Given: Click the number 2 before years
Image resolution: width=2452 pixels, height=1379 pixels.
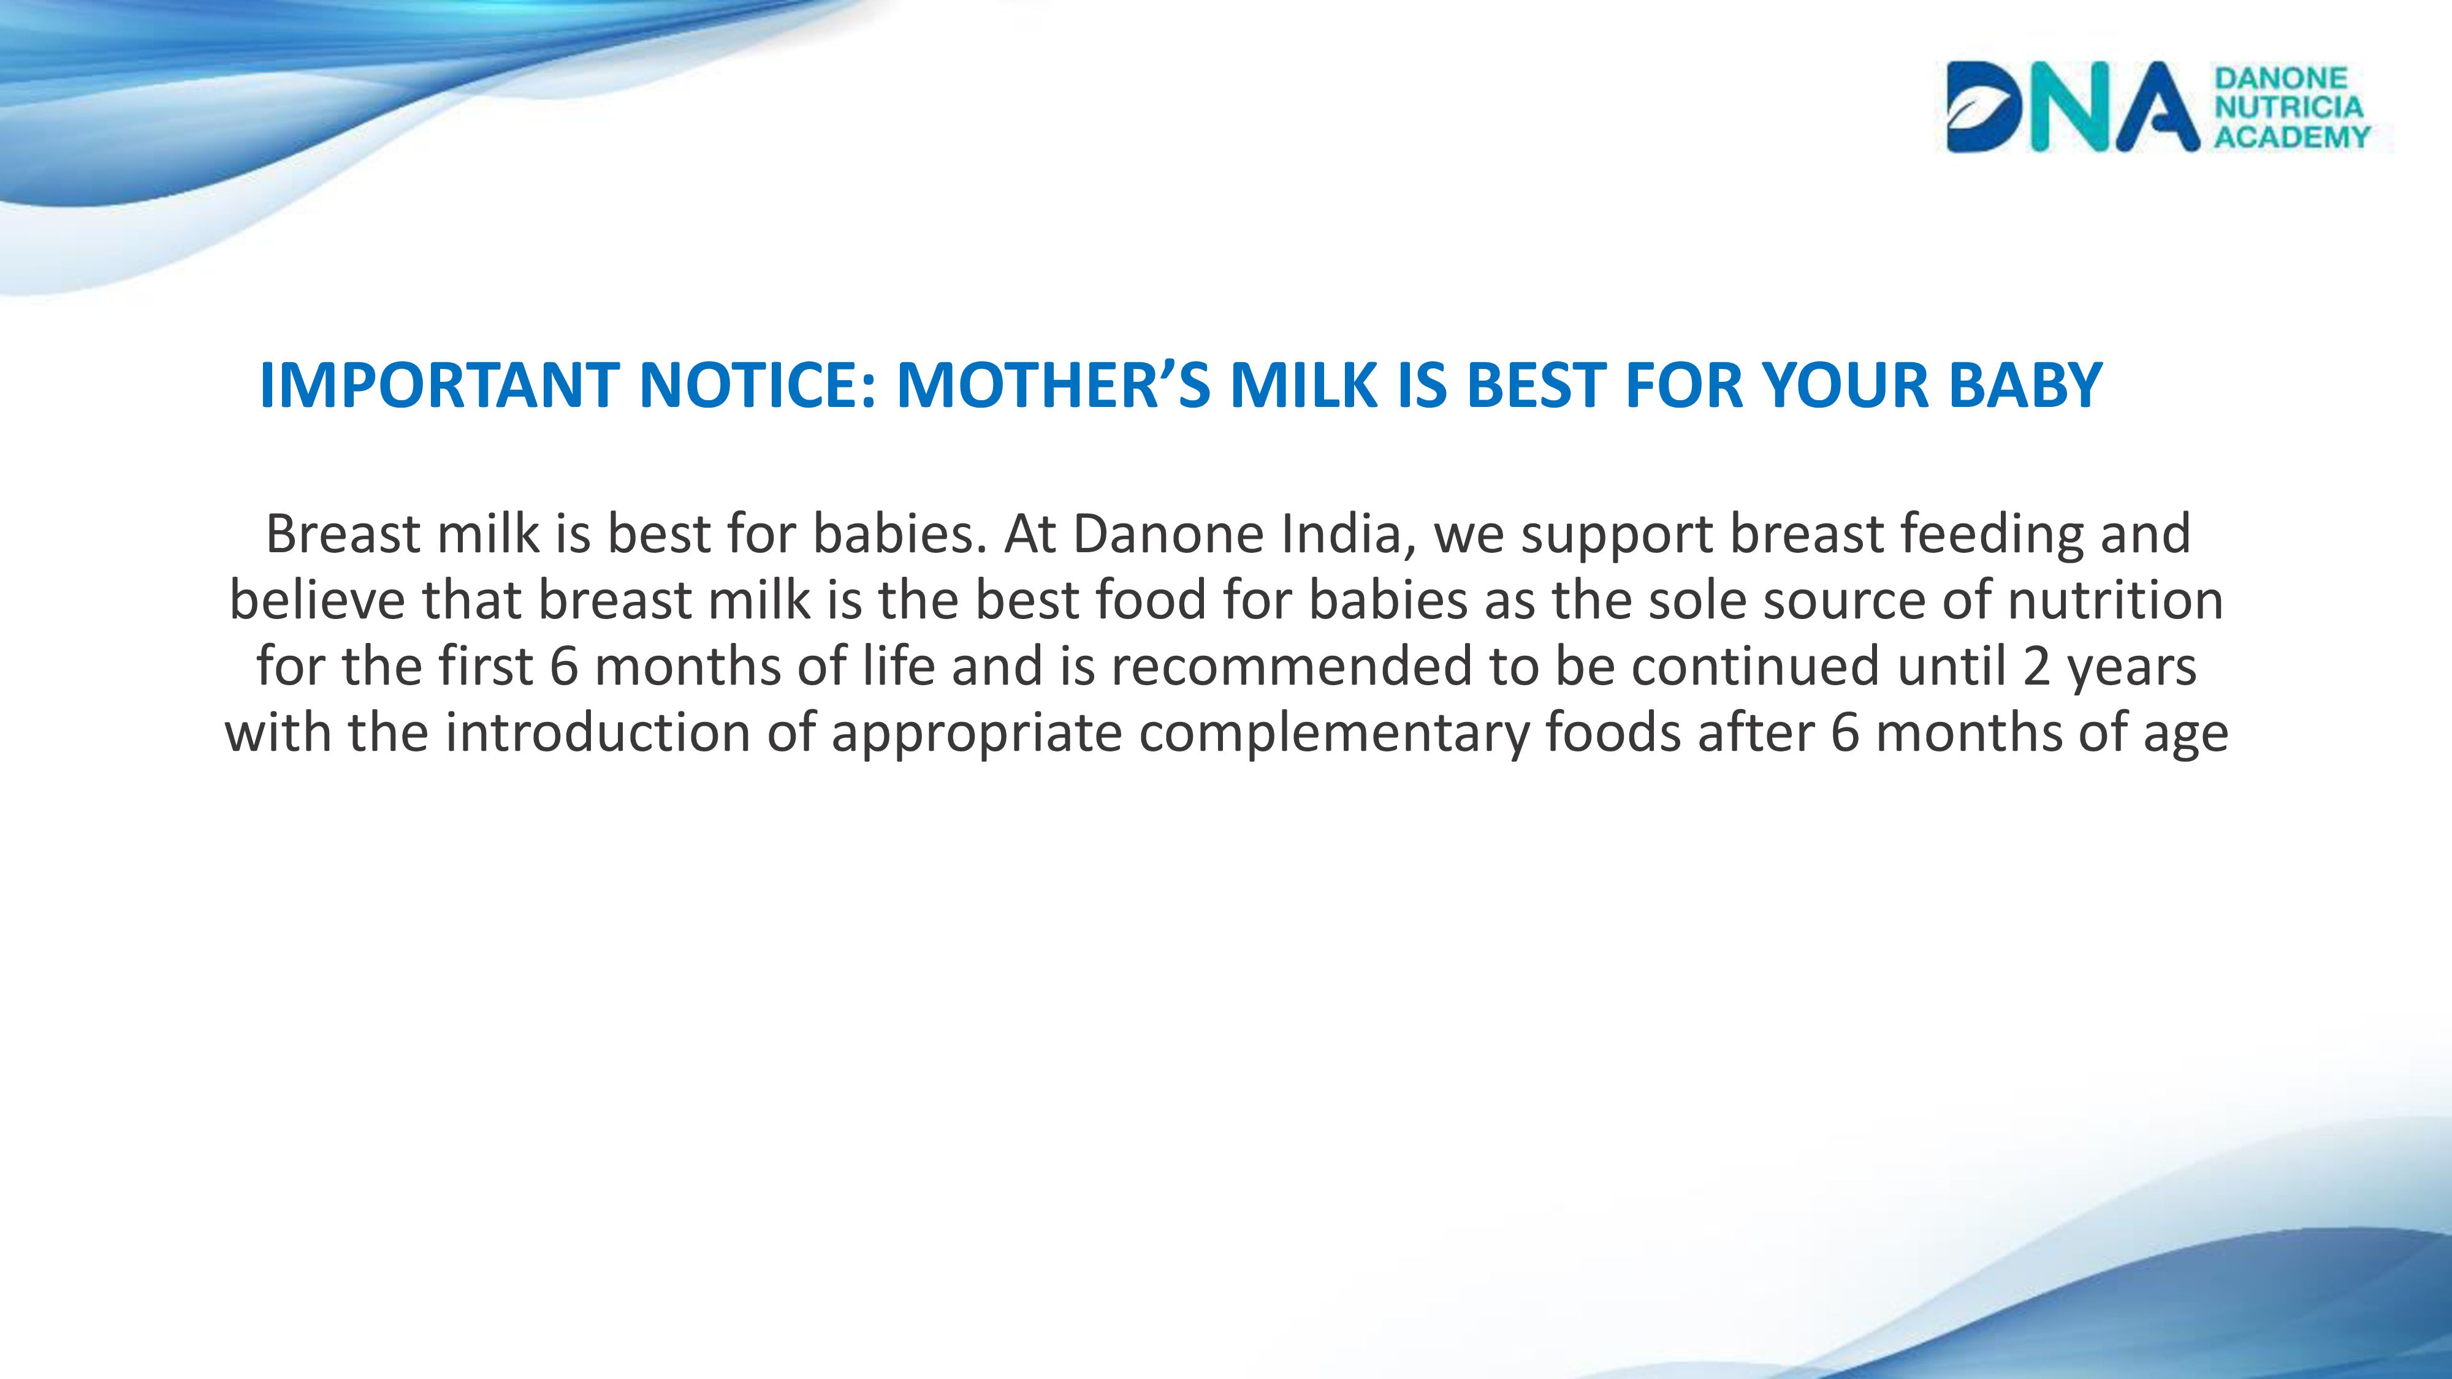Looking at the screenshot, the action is (x=2037, y=666).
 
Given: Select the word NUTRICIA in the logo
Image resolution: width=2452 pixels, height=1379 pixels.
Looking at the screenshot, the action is (x=2289, y=107).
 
